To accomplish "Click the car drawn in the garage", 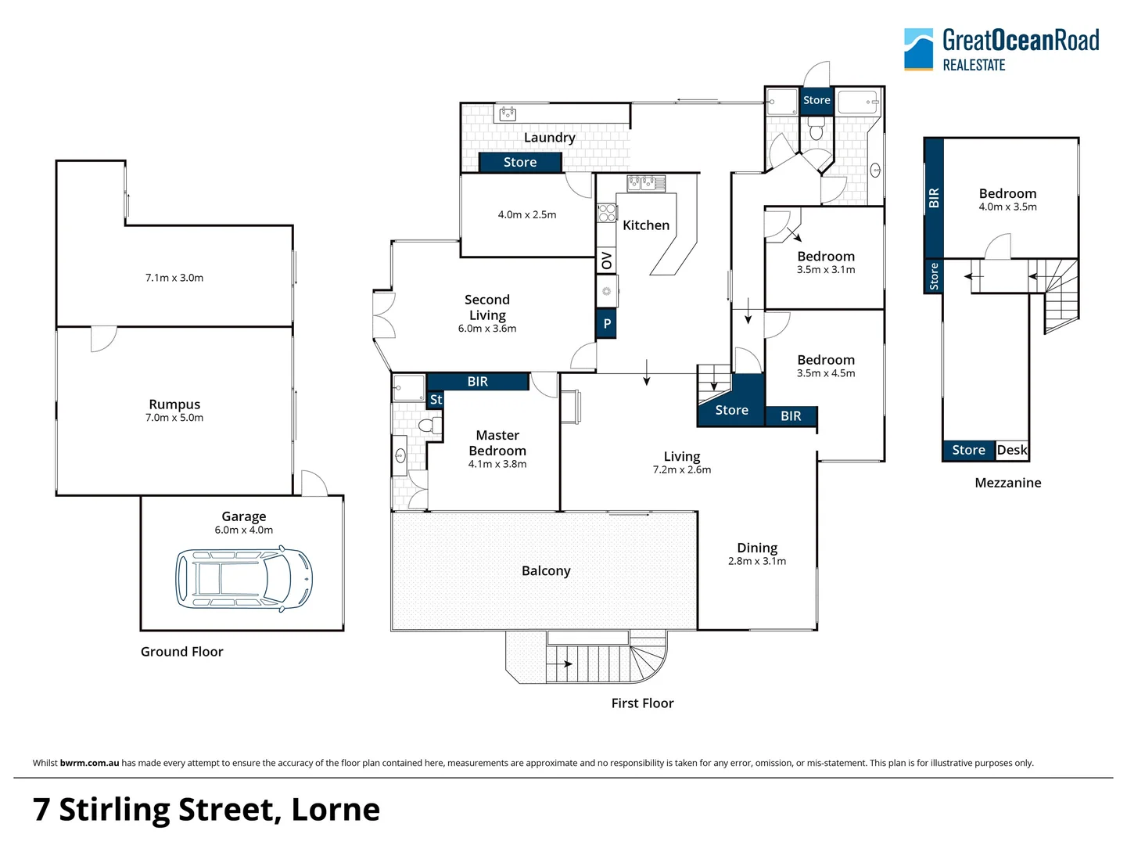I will tap(244, 578).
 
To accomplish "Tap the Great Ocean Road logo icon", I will tap(918, 49).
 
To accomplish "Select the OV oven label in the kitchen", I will tap(607, 261).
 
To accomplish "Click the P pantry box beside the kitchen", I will tap(607, 324).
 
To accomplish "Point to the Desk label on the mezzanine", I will tap(1012, 450).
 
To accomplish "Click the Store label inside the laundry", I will tap(520, 162).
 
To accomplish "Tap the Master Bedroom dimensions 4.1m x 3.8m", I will tap(497, 464).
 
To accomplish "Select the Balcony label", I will tap(546, 571).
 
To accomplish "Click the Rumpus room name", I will tap(174, 405).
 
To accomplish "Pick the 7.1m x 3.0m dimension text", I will tap(174, 278).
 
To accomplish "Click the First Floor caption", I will tap(642, 703).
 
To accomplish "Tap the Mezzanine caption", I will tap(1007, 483).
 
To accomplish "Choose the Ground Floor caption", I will tap(181, 652).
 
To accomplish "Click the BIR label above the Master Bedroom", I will tap(477, 382).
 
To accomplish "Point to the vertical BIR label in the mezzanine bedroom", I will tap(933, 198).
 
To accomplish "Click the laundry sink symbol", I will tap(508, 114).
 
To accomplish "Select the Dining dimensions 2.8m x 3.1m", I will tap(757, 561).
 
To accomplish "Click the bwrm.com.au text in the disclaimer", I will tap(89, 763).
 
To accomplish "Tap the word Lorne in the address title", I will tap(336, 810).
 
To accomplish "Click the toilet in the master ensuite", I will tap(428, 426).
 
